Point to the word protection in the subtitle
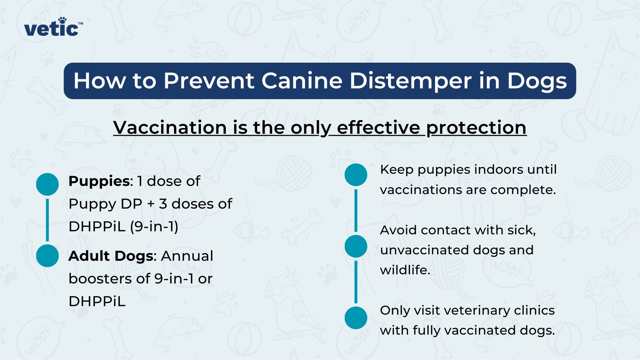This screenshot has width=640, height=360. tap(476, 128)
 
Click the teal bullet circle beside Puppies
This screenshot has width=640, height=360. tap(47, 184)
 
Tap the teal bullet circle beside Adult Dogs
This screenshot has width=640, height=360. tap(47, 256)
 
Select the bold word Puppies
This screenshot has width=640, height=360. tap(99, 182)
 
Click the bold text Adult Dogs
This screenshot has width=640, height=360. tap(111, 256)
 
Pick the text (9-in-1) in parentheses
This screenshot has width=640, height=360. tap(154, 226)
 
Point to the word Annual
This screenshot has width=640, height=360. tap(187, 256)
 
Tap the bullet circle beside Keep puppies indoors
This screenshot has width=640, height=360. tap(356, 175)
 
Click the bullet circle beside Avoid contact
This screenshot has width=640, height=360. tap(356, 246)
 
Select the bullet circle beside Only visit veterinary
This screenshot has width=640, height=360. tap(356, 318)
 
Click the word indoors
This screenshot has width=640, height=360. tap(497, 169)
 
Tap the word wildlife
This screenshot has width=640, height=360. tap(405, 270)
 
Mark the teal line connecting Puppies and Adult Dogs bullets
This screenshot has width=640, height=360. tap(47, 220)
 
